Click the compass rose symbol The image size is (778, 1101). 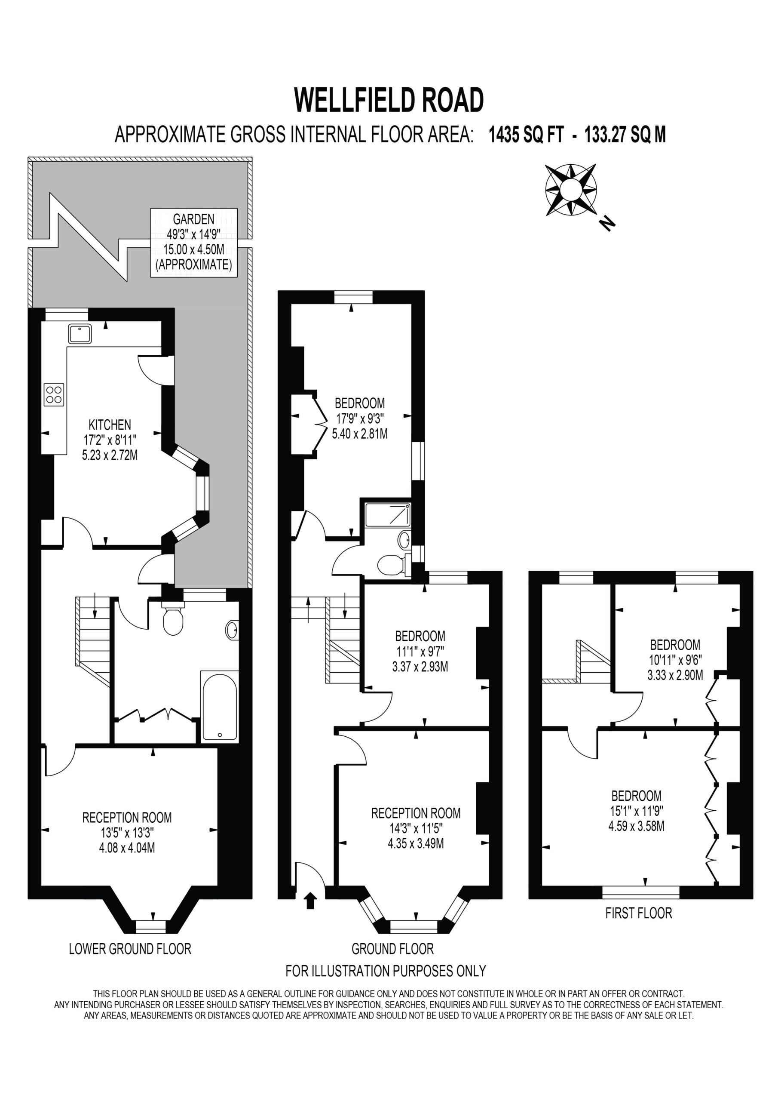(x=571, y=190)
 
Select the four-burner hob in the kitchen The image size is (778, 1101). (x=54, y=395)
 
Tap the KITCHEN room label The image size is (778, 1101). (x=110, y=424)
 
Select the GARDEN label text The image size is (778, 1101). (x=194, y=219)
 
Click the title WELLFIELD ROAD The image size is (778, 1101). (x=389, y=100)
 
